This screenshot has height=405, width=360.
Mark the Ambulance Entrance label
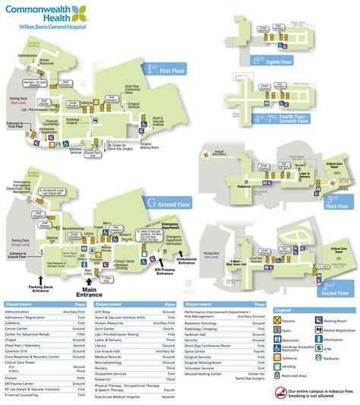[187, 262]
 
